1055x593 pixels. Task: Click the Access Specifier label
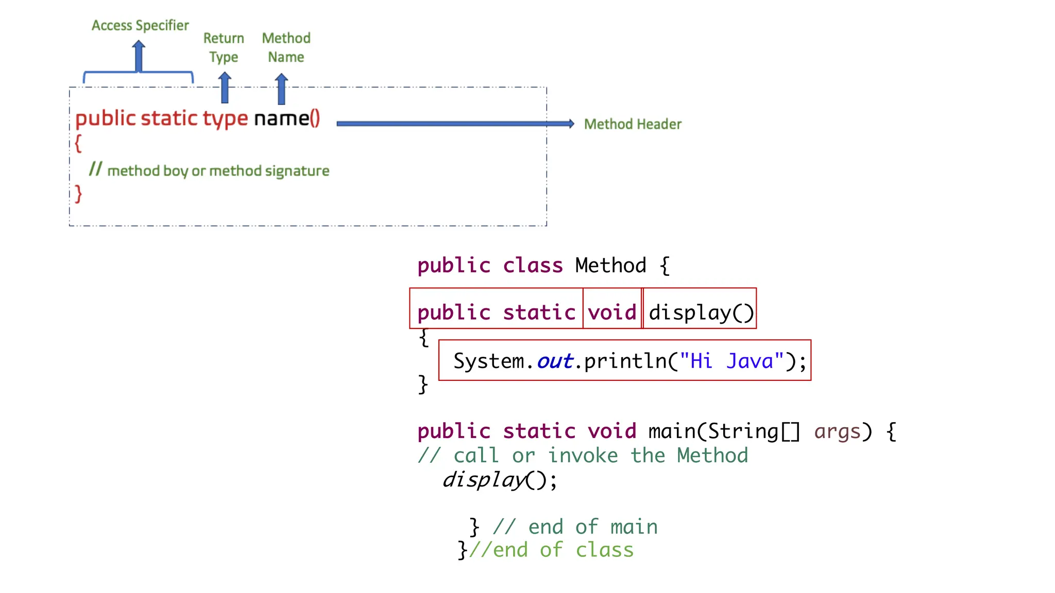(140, 25)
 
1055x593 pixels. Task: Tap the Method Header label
(632, 124)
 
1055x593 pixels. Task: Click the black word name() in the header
(286, 118)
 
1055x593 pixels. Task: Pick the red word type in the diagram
(225, 119)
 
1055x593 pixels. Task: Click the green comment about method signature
(209, 170)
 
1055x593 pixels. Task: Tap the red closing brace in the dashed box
(78, 194)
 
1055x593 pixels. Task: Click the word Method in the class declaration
(610, 266)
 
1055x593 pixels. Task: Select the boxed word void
(612, 312)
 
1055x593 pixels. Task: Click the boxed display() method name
(701, 312)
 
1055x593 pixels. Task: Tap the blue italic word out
(555, 361)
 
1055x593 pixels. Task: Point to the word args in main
(837, 431)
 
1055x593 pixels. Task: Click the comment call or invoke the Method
(583, 456)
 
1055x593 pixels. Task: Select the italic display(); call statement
(499, 480)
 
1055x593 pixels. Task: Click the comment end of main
(575, 527)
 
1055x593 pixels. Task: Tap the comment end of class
(551, 550)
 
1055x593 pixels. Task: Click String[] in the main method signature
(754, 431)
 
